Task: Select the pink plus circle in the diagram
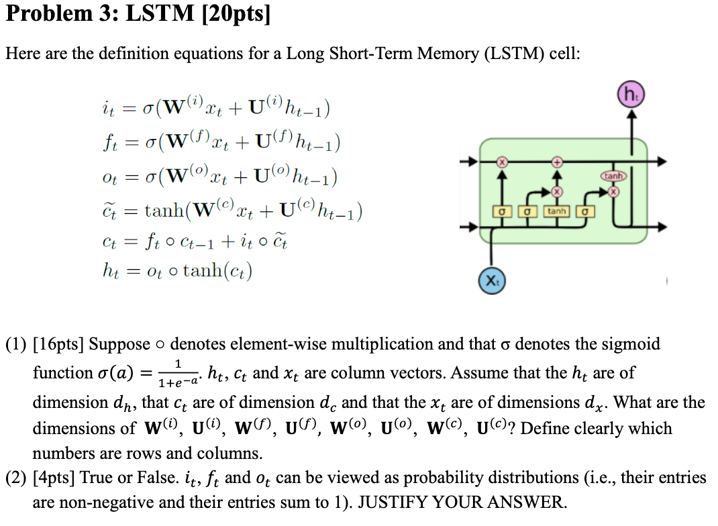click(x=556, y=162)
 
